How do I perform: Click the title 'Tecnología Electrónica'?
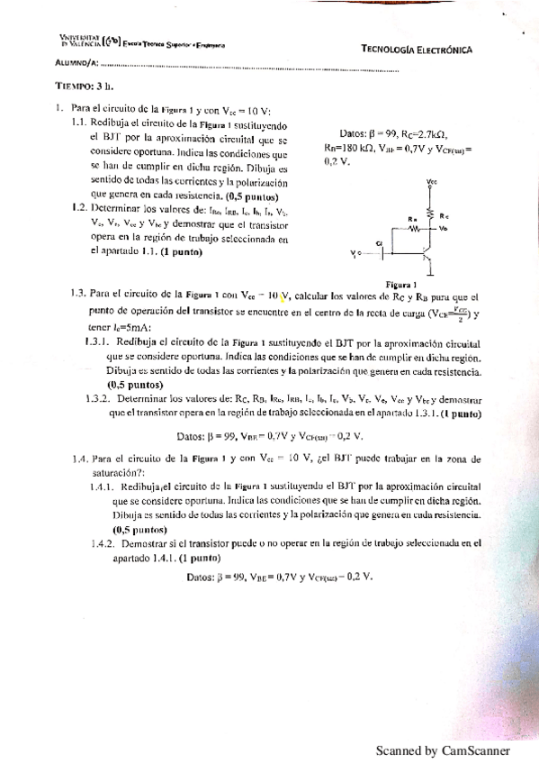[417, 50]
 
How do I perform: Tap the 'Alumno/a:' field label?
[74, 64]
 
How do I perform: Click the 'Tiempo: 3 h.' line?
[85, 88]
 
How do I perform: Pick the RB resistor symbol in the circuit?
[415, 227]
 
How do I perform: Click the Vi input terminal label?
[354, 254]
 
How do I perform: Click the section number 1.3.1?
[95, 343]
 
